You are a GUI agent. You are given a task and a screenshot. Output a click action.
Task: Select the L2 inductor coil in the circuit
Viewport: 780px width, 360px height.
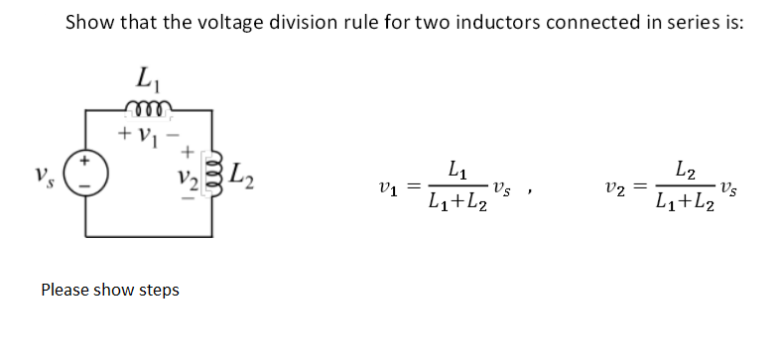(x=208, y=177)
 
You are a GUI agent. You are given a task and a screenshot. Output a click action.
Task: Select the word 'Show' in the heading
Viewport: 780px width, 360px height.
(x=91, y=22)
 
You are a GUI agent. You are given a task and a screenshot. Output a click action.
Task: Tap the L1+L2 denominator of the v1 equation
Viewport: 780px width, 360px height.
(x=457, y=204)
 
